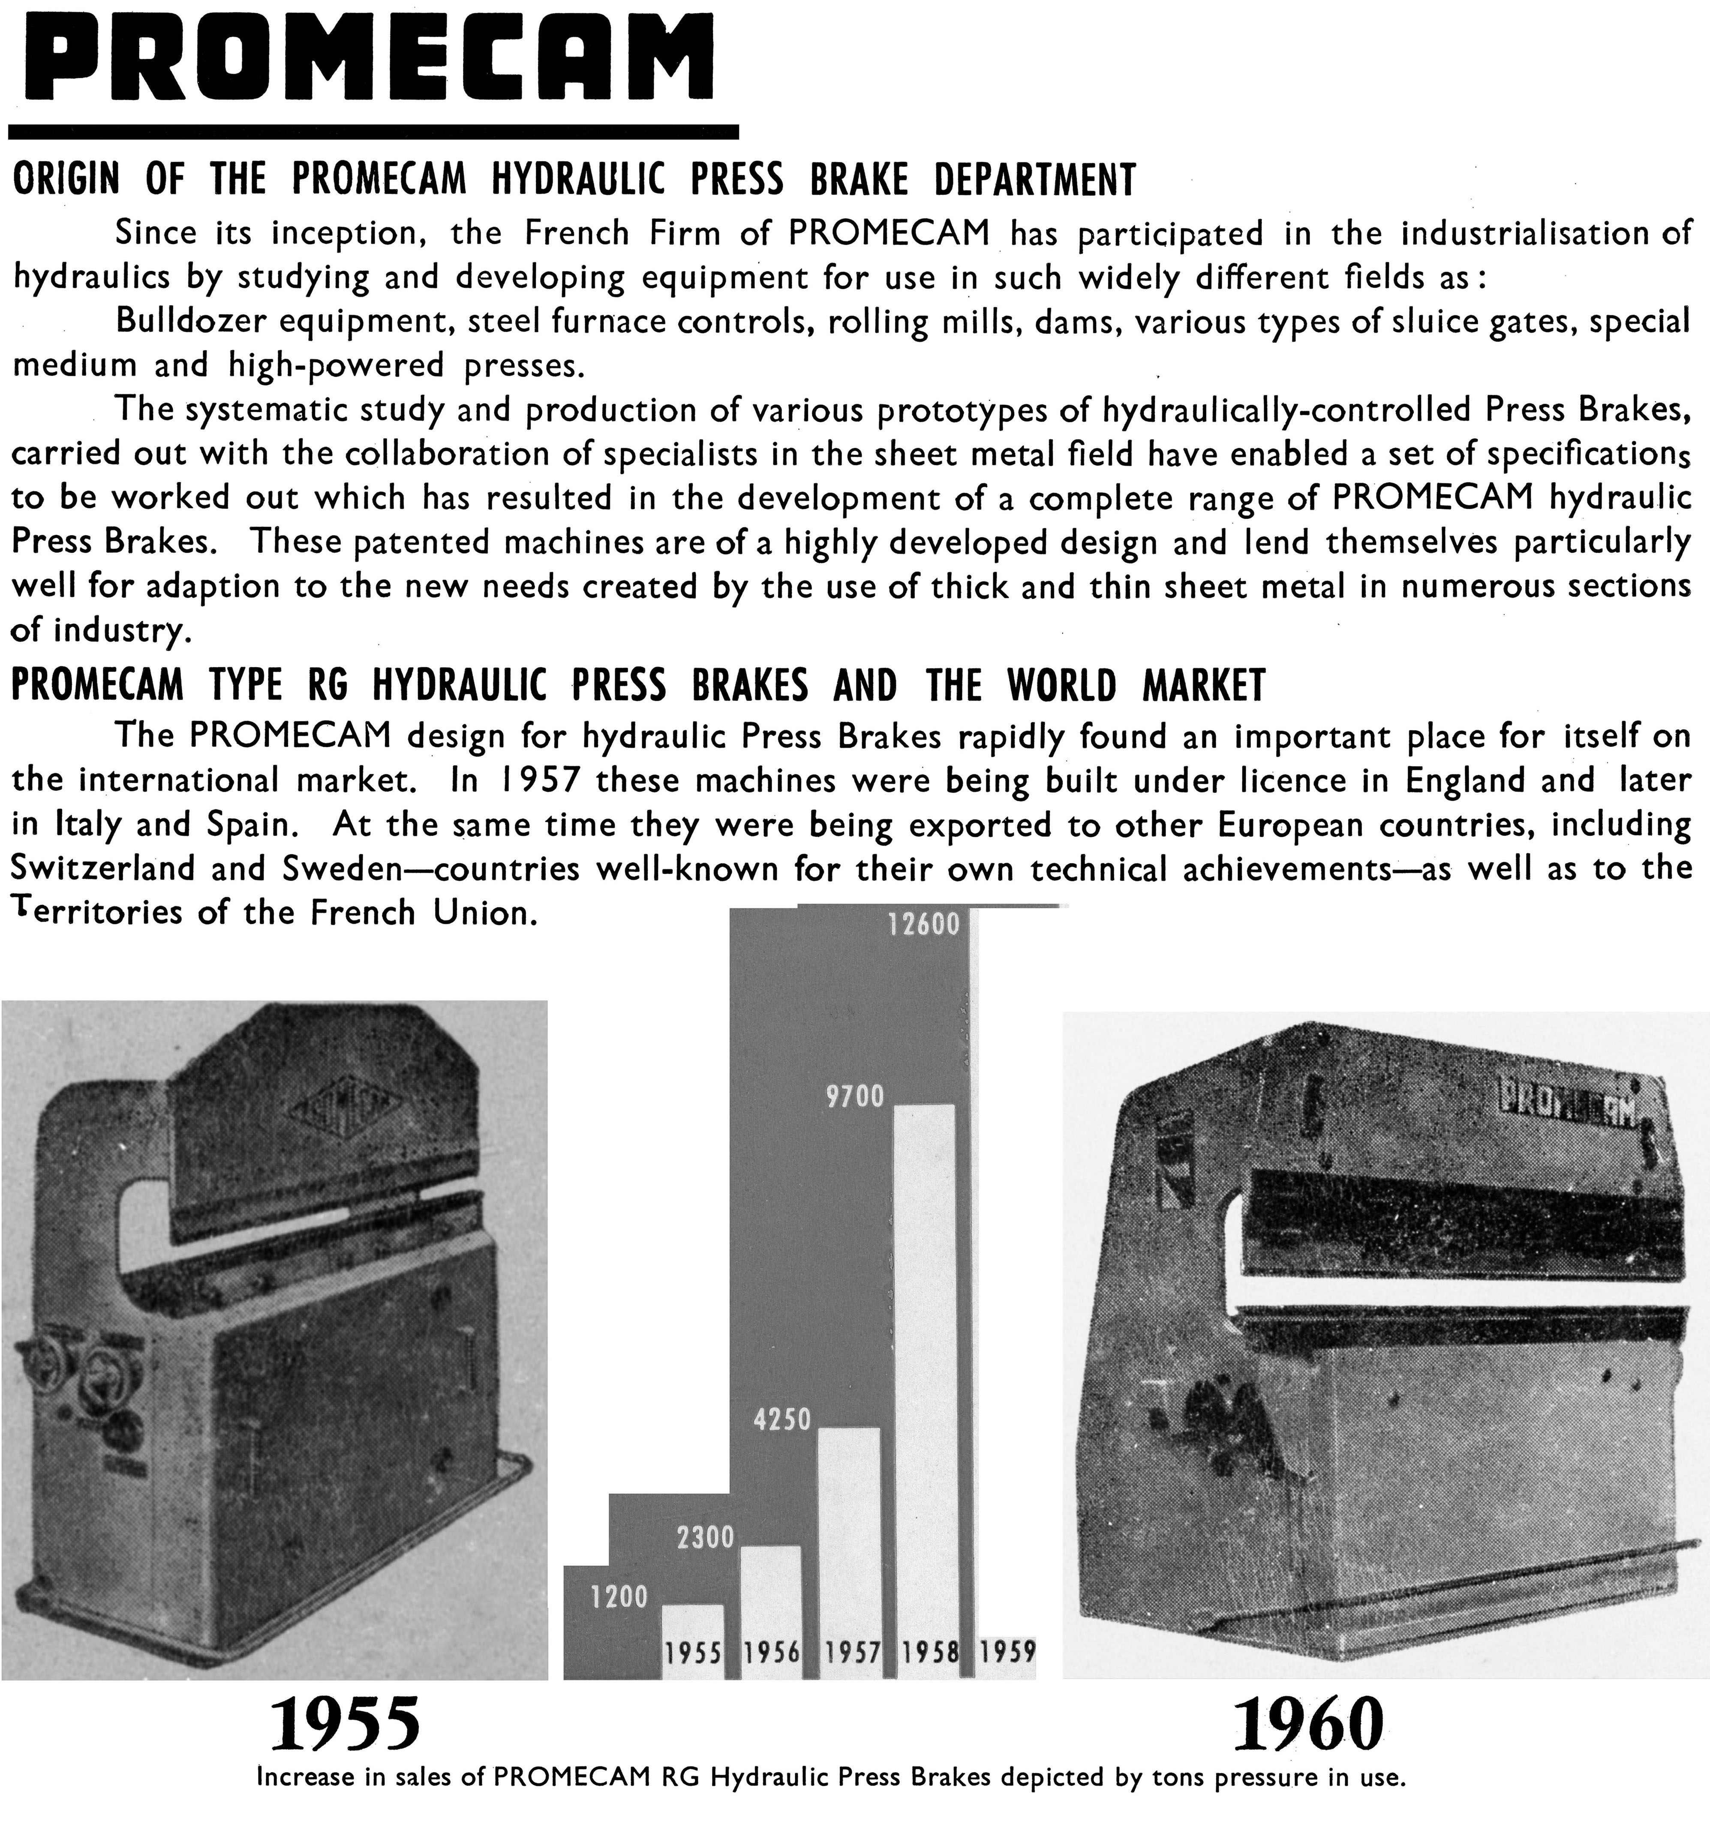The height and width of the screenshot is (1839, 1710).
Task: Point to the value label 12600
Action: (x=923, y=924)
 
